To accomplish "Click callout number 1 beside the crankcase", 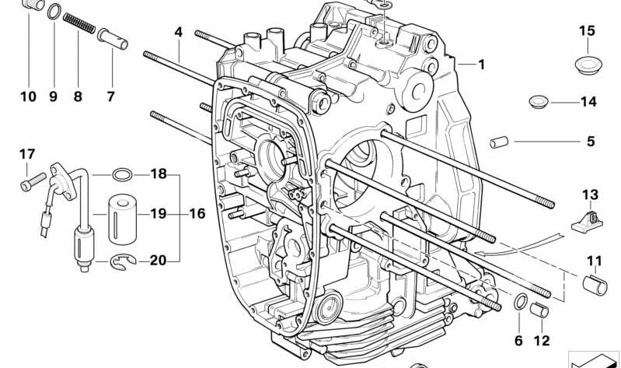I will pyautogui.click(x=481, y=65).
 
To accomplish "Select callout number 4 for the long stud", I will pyautogui.click(x=178, y=33).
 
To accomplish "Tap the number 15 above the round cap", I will pyautogui.click(x=587, y=31).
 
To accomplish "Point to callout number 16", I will pyautogui.click(x=197, y=213).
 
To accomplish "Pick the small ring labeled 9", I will pyautogui.click(x=53, y=12).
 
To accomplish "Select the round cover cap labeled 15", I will pyautogui.click(x=587, y=64).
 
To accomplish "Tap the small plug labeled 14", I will pyautogui.click(x=538, y=101).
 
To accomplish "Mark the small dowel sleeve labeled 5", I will pyautogui.click(x=497, y=142).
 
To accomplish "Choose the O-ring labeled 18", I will pyautogui.click(x=123, y=173).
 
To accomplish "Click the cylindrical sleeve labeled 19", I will pyautogui.click(x=121, y=213).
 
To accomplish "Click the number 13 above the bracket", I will pyautogui.click(x=591, y=194).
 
